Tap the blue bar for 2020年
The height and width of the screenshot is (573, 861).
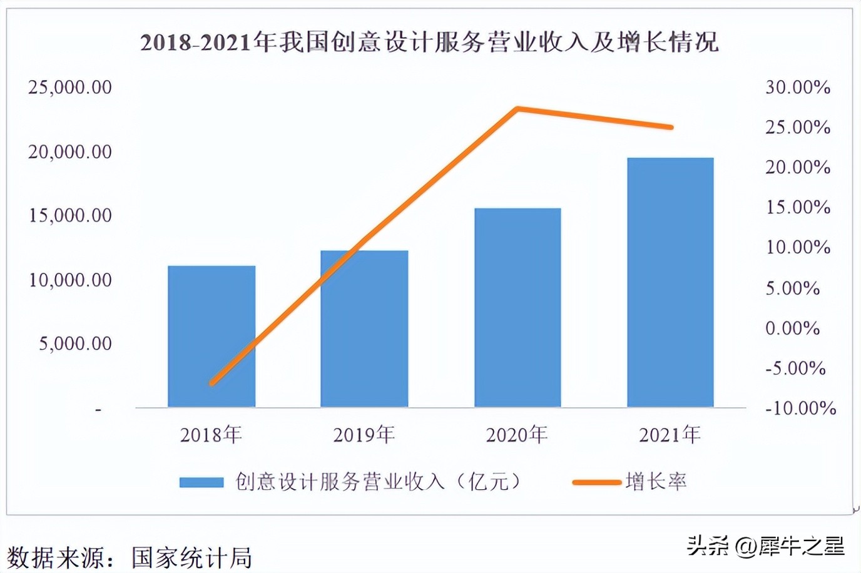(x=517, y=307)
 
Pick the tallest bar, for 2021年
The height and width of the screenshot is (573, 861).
(x=670, y=282)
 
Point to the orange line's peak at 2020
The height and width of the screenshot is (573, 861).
(x=517, y=109)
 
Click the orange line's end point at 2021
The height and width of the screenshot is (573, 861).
(x=671, y=127)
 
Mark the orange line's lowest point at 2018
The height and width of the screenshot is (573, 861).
(x=211, y=383)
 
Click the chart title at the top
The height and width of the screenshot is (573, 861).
(x=429, y=43)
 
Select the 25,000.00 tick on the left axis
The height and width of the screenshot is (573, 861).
(x=69, y=87)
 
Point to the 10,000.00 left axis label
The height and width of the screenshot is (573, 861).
(x=69, y=280)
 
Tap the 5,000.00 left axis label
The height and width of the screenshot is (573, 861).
(x=75, y=343)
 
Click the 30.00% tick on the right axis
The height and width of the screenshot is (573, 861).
(x=798, y=87)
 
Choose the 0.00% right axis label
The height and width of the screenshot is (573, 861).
(x=792, y=328)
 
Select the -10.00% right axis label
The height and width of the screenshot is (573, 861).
(x=800, y=408)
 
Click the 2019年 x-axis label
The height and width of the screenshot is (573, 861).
(x=364, y=434)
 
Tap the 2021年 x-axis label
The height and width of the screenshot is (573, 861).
(x=670, y=434)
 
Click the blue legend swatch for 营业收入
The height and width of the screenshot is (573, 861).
(x=201, y=482)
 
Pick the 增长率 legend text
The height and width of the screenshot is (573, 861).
(x=656, y=482)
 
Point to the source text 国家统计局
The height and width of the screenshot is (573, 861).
(x=191, y=557)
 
